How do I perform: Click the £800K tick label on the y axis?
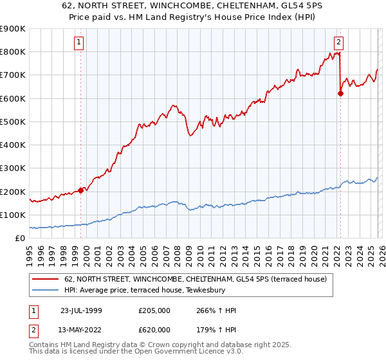click(13, 52)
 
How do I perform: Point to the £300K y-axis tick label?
click(13, 168)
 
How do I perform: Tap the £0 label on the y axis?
click(20, 239)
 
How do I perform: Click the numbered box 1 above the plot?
click(79, 43)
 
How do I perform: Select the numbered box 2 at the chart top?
click(338, 43)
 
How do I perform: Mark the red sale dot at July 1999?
click(81, 190)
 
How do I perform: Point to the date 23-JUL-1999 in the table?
click(82, 311)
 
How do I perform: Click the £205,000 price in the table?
click(154, 311)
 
